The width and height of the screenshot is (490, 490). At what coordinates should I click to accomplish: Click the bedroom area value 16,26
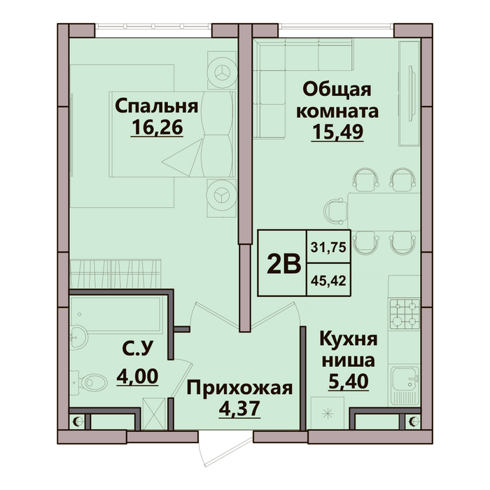click(x=157, y=127)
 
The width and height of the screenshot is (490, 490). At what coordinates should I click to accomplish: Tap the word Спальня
click(x=157, y=106)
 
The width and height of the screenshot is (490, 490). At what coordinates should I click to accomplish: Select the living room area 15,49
click(x=337, y=132)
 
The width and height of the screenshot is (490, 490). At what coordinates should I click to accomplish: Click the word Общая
click(x=337, y=90)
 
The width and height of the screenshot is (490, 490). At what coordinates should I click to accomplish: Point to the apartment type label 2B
click(x=284, y=263)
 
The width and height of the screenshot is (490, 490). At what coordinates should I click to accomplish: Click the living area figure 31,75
click(x=328, y=248)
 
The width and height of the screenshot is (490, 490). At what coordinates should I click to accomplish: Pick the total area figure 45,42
click(x=328, y=281)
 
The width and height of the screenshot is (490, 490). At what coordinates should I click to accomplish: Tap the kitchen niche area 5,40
click(x=349, y=381)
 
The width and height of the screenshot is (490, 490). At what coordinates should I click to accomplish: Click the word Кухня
click(x=349, y=339)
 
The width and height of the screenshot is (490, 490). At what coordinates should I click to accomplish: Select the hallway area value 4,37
click(x=239, y=408)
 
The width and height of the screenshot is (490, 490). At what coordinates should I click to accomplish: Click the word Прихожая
click(x=239, y=388)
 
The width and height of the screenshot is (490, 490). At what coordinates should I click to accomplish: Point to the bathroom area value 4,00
click(x=137, y=377)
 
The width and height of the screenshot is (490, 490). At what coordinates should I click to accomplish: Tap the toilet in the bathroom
click(x=90, y=382)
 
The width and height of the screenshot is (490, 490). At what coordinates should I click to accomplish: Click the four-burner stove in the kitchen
click(x=405, y=314)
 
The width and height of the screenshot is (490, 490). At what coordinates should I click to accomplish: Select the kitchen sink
click(x=405, y=379)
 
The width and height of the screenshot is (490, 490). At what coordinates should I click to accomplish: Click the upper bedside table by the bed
click(x=222, y=71)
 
